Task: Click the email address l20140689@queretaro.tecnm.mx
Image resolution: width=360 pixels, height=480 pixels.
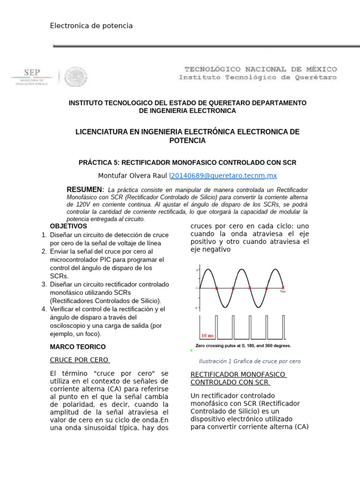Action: pyautogui.click(x=223, y=176)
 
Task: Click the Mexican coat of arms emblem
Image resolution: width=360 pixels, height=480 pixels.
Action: pyautogui.click(x=76, y=76)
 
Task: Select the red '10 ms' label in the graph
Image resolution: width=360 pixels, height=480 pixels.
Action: pyautogui.click(x=207, y=336)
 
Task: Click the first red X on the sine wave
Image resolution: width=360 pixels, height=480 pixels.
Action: pyautogui.click(x=217, y=288)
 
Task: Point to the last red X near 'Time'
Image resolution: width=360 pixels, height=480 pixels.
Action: pyautogui.click(x=283, y=288)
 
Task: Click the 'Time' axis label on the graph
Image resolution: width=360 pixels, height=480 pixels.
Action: pyautogui.click(x=283, y=292)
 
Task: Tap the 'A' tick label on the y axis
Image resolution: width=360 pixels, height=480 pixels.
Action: pyautogui.click(x=197, y=270)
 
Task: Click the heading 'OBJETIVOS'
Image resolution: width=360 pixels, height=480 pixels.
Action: pyautogui.click(x=68, y=226)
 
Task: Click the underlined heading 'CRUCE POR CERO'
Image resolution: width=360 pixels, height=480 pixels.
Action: pyautogui.click(x=80, y=360)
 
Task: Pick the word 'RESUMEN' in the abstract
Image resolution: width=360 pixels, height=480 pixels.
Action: pyautogui.click(x=84, y=189)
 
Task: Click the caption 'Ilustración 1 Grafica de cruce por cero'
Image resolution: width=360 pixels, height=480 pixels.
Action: pyautogui.click(x=249, y=361)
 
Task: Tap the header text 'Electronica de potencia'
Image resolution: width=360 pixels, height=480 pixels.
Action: pyautogui.click(x=91, y=26)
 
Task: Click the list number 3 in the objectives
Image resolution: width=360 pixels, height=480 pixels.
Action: pyautogui.click(x=44, y=285)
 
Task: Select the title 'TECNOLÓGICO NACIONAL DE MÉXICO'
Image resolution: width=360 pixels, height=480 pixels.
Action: pyautogui.click(x=257, y=69)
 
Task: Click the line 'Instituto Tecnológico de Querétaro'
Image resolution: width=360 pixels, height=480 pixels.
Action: pyautogui.click(x=257, y=78)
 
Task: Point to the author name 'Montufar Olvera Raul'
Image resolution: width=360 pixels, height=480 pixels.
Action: pyautogui.click(x=132, y=176)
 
